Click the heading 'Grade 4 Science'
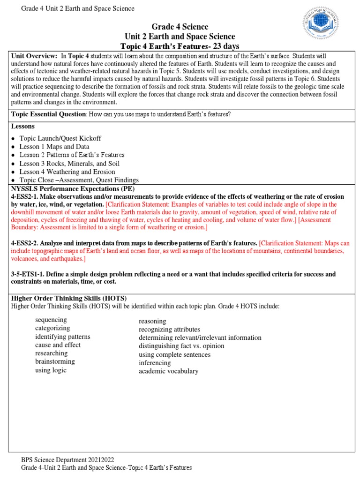[180, 27]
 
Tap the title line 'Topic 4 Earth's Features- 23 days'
[180, 46]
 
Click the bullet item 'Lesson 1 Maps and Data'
[54, 147]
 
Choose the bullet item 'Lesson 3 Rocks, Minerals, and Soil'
[69, 164]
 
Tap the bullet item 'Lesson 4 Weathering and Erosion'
[67, 172]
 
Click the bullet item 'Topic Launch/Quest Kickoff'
[60, 138]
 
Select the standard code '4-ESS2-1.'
[26, 196]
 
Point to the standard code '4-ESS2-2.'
[26, 243]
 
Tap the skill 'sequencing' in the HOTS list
[51, 320]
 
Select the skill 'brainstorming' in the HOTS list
[55, 361]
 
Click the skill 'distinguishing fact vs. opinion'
[181, 346]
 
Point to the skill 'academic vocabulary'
[168, 371]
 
